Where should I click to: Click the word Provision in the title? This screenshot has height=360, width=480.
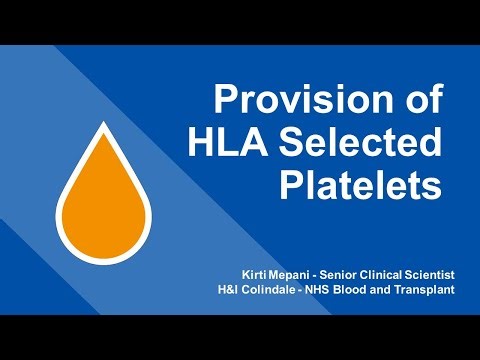305,102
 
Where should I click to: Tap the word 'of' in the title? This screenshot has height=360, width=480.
419,102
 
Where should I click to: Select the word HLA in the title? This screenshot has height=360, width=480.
229,145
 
